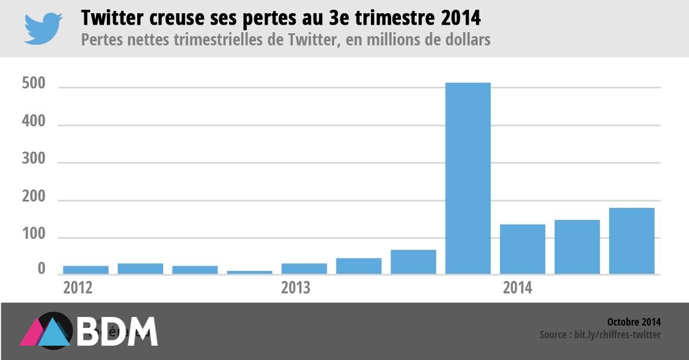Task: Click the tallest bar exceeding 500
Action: point(468,178)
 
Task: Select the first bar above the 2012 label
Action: point(86,269)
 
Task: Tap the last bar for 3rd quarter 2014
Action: point(632,241)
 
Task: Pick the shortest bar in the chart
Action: point(249,272)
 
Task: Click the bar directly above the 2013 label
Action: point(304,268)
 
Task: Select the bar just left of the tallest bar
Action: point(413,262)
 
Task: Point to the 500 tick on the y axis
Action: point(33,87)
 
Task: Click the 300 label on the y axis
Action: point(33,163)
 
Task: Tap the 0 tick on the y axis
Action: point(41,269)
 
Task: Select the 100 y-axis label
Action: point(33,238)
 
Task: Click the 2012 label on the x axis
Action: point(78,287)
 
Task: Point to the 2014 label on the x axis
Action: point(517,287)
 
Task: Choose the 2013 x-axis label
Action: point(296,287)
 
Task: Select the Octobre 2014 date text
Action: point(633,322)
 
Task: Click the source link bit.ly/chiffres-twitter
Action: point(617,334)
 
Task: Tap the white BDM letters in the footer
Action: point(118,331)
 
